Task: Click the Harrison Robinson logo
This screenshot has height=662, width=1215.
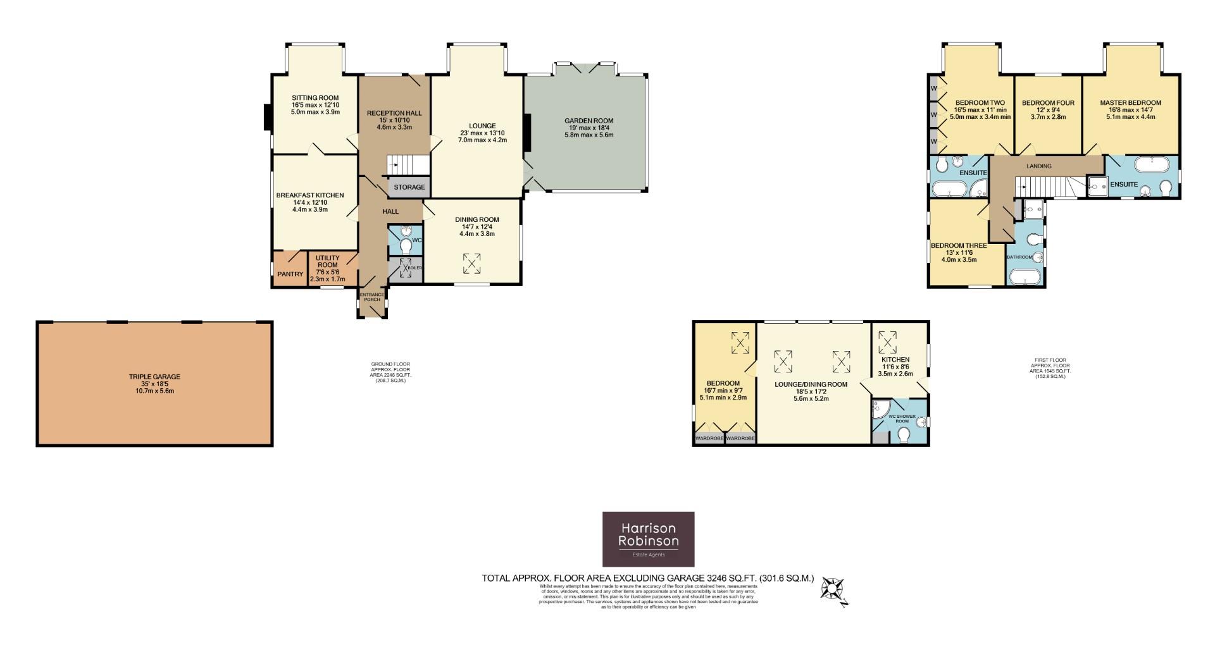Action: (648, 539)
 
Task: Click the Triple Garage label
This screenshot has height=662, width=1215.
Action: (154, 383)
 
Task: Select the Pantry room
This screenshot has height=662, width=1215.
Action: (290, 274)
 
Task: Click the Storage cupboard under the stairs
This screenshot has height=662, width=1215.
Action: (409, 187)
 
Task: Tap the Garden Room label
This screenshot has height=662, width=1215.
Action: (589, 127)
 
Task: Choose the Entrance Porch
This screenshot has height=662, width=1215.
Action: (372, 301)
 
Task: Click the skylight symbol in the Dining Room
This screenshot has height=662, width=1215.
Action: (471, 264)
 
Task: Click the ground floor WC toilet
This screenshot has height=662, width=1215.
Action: (406, 247)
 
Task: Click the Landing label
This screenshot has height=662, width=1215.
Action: (1039, 166)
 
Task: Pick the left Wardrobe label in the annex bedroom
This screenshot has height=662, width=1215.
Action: (709, 438)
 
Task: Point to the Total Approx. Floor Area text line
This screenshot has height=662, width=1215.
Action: (647, 578)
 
